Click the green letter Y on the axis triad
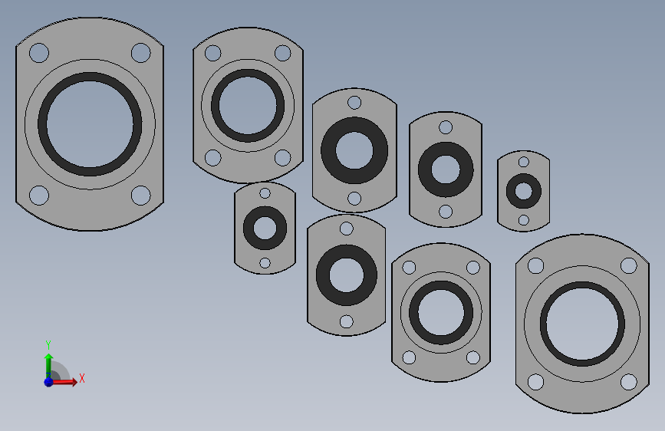click(x=48, y=344)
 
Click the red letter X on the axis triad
click(x=82, y=378)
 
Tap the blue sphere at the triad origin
click(x=49, y=382)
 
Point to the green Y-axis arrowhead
click(x=49, y=357)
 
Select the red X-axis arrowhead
click(x=74, y=382)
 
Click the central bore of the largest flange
click(x=90, y=124)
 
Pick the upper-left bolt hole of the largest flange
click(x=39, y=53)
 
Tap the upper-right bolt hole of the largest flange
click(x=141, y=53)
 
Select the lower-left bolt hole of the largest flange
click(x=39, y=195)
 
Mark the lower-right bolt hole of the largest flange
click(x=141, y=195)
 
